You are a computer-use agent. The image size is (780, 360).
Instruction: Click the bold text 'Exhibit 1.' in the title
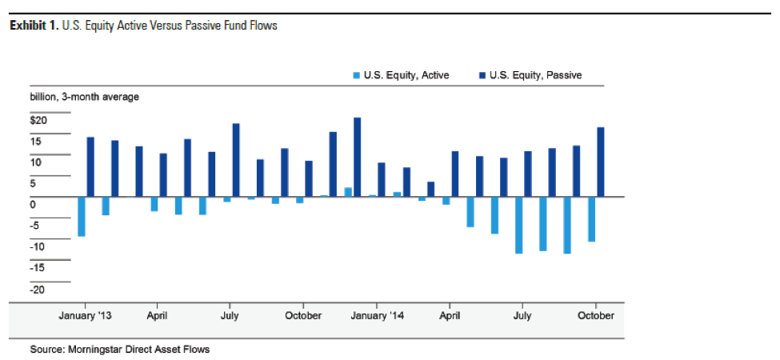(x=33, y=26)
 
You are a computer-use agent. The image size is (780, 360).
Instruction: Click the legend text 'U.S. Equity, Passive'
(x=535, y=75)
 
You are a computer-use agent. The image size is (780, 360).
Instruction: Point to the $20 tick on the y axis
(x=38, y=120)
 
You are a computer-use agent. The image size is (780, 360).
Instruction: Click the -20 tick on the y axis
(x=38, y=289)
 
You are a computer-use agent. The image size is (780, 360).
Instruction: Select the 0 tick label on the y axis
(x=34, y=205)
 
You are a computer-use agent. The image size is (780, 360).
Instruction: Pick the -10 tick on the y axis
(x=38, y=246)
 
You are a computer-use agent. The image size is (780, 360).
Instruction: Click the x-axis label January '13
(x=85, y=315)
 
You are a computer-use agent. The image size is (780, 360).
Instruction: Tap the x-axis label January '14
(x=378, y=315)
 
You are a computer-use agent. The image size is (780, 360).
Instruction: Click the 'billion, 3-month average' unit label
(x=84, y=97)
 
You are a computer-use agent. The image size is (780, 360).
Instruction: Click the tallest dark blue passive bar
(x=358, y=157)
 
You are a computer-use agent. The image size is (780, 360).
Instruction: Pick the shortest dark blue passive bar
(x=430, y=189)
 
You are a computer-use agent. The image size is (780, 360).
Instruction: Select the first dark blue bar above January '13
(x=90, y=166)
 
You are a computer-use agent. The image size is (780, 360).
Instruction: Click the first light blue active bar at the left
(x=82, y=216)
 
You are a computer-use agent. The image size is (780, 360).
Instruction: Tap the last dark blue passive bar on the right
(x=600, y=162)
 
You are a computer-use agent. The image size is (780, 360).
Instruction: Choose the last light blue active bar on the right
(x=592, y=218)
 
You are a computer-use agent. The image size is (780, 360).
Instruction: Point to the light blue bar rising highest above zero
(x=348, y=192)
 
